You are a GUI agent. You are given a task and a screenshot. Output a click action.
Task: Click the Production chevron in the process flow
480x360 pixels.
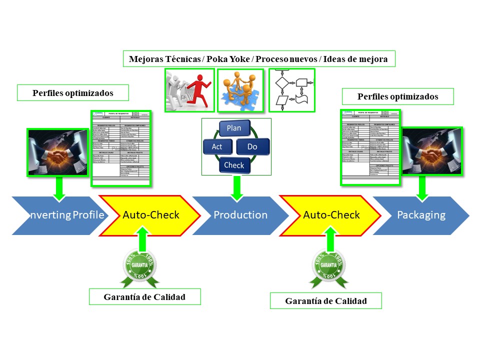point(240,215)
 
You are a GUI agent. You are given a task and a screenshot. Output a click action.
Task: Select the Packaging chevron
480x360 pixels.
point(421,215)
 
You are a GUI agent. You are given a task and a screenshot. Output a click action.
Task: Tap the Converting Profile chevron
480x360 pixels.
point(59,215)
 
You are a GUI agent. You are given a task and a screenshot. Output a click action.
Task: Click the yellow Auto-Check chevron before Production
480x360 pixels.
point(150,215)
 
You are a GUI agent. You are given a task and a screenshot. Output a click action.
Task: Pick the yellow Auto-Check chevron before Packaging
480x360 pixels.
point(331,215)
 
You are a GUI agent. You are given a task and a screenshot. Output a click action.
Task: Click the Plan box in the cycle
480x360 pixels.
point(233,128)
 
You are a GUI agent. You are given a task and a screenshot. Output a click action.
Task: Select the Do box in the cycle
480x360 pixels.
point(252,147)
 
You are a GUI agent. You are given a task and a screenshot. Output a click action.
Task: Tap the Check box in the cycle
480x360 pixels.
point(234,165)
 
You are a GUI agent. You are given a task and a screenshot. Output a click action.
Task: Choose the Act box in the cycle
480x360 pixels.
point(216,147)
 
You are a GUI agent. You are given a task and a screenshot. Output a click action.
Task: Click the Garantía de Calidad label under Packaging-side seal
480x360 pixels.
point(325,301)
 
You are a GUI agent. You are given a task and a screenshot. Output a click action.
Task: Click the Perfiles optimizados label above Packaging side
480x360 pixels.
point(397,96)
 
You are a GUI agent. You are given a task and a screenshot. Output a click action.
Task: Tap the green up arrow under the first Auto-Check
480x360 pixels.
point(142,238)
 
